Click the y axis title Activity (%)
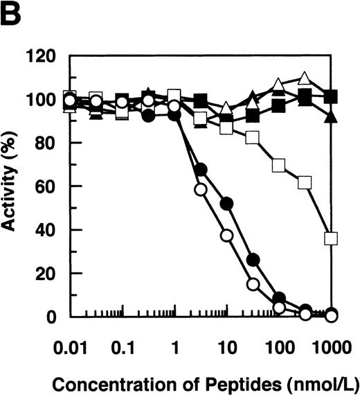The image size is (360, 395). (x=19, y=187)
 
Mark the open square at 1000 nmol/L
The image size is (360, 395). (x=331, y=239)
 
